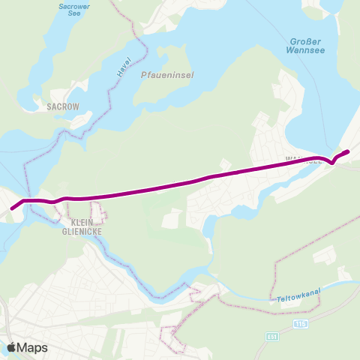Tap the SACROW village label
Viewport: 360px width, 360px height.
62,107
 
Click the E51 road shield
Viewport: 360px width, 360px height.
271,337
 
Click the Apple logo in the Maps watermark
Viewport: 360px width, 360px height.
13,347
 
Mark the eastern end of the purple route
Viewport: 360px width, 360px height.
348,152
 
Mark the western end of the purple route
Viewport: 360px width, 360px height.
11,208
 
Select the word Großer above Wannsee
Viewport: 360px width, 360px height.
306,40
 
